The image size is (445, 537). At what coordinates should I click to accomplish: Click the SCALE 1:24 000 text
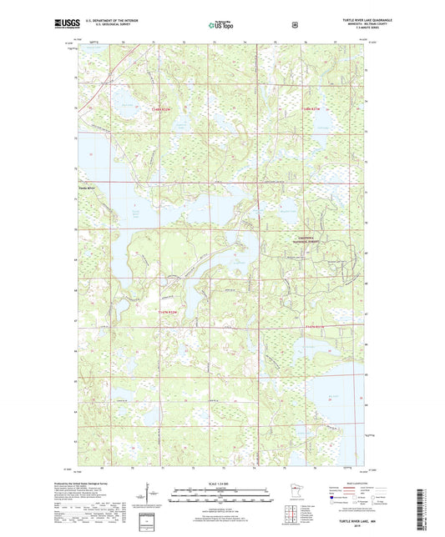point(222,483)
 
